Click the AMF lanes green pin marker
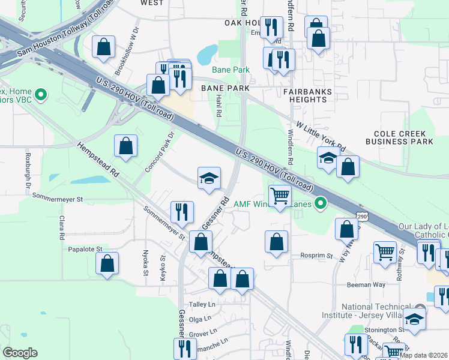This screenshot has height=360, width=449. pyautogui.click(x=321, y=204)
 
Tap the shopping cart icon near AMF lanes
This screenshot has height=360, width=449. pyautogui.click(x=280, y=196)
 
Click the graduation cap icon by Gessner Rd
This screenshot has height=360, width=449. pyautogui.click(x=209, y=178)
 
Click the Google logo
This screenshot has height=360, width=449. pyautogui.click(x=20, y=353)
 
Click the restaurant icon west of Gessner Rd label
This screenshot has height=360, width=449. pyautogui.click(x=181, y=212)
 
